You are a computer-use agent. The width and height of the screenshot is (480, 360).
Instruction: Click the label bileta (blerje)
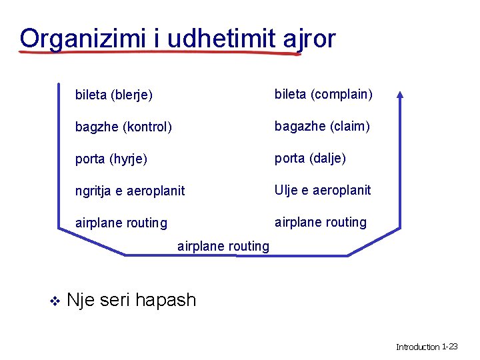tap(114, 95)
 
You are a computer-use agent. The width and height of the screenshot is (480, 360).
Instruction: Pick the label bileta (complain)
tap(323, 94)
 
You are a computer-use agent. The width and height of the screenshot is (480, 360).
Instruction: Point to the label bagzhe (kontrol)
tap(123, 127)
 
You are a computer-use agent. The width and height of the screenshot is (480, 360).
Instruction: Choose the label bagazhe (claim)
tap(322, 126)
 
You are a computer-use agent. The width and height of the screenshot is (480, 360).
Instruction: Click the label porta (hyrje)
tap(111, 159)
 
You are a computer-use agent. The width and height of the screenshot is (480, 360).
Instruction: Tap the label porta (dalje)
tap(310, 158)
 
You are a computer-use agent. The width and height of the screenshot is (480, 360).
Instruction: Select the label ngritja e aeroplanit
tap(130, 191)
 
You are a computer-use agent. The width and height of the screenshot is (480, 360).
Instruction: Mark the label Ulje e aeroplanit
tap(323, 190)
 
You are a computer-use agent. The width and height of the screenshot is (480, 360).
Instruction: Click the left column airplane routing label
tap(121, 223)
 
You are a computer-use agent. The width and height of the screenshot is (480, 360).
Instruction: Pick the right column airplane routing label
tap(321, 222)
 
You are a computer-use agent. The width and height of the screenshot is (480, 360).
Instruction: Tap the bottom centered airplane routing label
tap(223, 246)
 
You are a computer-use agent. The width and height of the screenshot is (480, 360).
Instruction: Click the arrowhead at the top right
tap(399, 95)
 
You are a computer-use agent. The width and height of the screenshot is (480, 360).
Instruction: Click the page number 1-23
tap(450, 347)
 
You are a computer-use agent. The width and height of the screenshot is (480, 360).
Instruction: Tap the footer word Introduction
tap(418, 347)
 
